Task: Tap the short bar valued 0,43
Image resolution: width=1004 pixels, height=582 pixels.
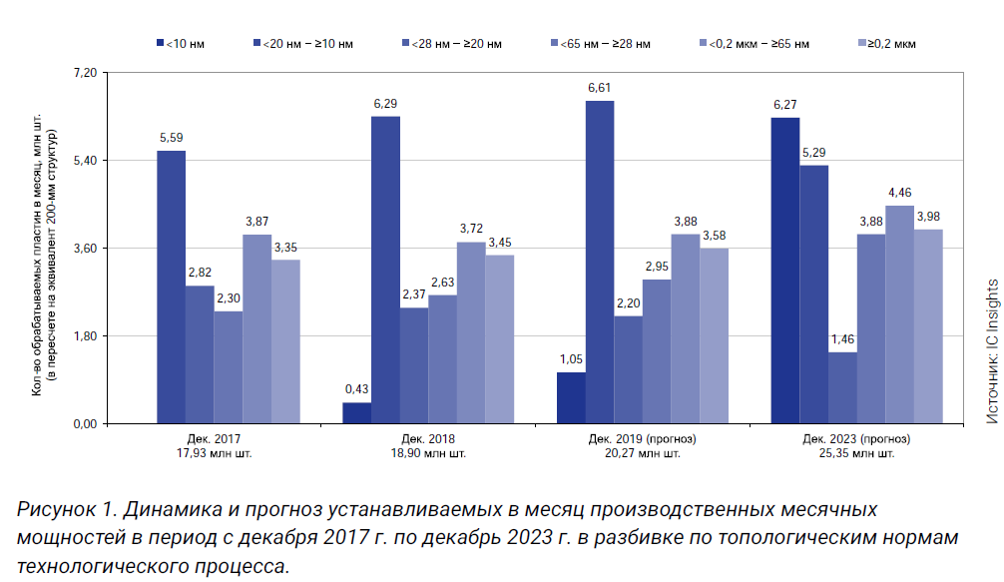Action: [356, 413]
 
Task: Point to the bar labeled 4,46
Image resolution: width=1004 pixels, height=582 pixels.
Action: [899, 314]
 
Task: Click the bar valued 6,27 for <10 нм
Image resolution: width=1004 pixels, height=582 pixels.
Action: [784, 271]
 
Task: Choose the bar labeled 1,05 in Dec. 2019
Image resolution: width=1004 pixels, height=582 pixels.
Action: [571, 398]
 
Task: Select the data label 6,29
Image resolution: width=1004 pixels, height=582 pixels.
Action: [385, 104]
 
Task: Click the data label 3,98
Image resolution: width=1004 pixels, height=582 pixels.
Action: [928, 217]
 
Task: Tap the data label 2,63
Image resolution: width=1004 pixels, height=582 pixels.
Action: [442, 283]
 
